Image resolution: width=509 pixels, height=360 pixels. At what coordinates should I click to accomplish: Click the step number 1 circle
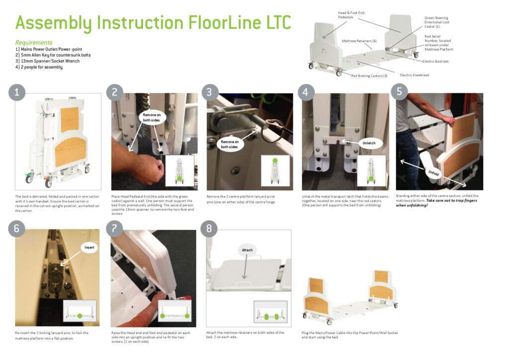[x=17, y=92]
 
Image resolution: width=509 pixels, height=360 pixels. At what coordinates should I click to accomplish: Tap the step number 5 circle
[x=399, y=92]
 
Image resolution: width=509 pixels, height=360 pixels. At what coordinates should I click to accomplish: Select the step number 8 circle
[x=209, y=229]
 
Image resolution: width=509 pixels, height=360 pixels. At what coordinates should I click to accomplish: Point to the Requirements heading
[x=34, y=43]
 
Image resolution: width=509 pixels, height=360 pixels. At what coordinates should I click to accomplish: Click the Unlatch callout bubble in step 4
[x=369, y=143]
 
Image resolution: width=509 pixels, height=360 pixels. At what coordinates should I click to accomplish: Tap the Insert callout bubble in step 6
[x=89, y=247]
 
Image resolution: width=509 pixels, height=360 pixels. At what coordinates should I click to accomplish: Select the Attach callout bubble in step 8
[x=247, y=250]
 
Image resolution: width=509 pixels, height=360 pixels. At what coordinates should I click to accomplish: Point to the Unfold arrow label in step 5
[x=434, y=173]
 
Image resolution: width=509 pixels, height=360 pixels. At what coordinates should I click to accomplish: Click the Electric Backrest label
[x=435, y=61]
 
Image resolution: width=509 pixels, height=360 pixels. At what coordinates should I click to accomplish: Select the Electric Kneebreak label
[x=415, y=75]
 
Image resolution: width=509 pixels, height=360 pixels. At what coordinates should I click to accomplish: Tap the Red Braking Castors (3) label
[x=369, y=76]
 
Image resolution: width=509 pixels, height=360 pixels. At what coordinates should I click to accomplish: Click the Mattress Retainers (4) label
[x=359, y=41]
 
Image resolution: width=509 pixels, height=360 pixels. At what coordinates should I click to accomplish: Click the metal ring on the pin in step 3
[x=272, y=133]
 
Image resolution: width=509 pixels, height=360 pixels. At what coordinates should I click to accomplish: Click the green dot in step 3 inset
[x=275, y=160]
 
